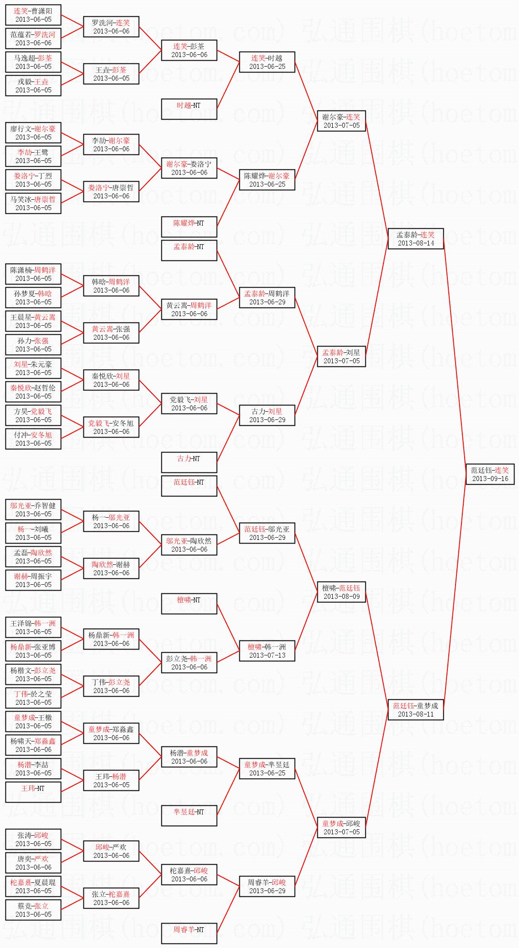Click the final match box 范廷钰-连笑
point(490,474)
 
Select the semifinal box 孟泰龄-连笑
point(416,239)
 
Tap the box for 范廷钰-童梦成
point(416,710)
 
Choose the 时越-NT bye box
point(189,109)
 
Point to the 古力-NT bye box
point(189,462)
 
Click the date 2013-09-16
point(490,479)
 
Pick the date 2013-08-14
point(416,243)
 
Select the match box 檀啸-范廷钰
point(341,592)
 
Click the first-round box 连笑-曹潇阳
point(33,15)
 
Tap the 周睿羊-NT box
point(189,934)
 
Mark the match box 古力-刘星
point(267,415)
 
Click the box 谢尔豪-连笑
point(341,121)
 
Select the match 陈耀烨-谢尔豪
point(267,180)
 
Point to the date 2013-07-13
point(267,655)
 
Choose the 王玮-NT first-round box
point(33,792)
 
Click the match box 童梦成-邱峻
point(341,828)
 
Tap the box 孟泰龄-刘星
point(341,356)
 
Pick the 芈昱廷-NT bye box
point(189,816)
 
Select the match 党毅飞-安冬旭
point(111,427)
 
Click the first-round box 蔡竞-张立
point(33,910)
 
